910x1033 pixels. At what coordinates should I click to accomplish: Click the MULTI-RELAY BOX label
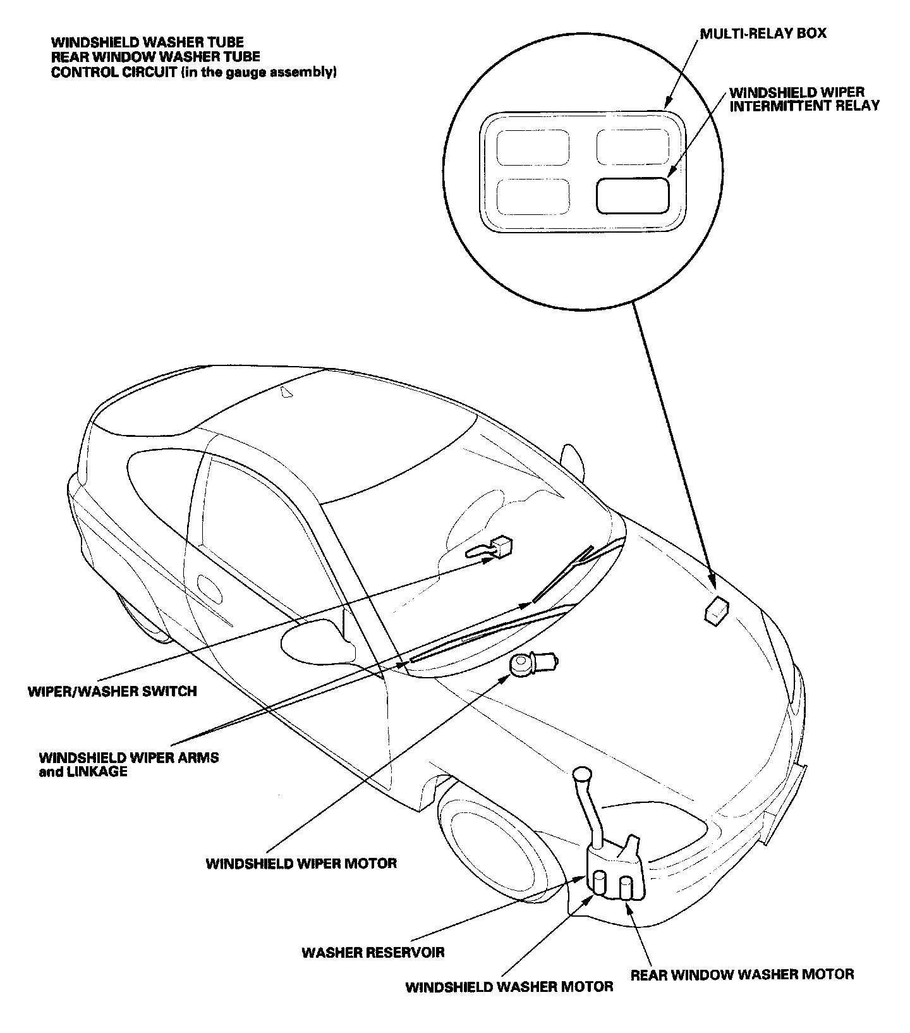pyautogui.click(x=763, y=33)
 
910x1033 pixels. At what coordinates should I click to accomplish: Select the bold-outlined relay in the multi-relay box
pyautogui.click(x=632, y=195)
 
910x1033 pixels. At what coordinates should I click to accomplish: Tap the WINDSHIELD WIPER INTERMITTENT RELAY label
pyautogui.click(x=804, y=99)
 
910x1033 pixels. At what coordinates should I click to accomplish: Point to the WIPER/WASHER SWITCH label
pyautogui.click(x=112, y=691)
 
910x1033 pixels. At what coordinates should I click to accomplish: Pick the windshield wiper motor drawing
pyautogui.click(x=528, y=664)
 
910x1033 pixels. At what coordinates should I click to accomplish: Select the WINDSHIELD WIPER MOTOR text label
pyautogui.click(x=301, y=863)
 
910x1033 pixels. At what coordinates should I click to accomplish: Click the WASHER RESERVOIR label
pyautogui.click(x=373, y=952)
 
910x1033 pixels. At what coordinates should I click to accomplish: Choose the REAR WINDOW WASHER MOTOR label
pyautogui.click(x=743, y=974)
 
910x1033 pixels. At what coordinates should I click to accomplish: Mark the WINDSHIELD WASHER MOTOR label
pyautogui.click(x=509, y=987)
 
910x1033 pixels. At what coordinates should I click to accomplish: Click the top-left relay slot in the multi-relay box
pyautogui.click(x=532, y=147)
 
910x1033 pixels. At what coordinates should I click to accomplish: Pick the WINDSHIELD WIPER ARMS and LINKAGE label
pyautogui.click(x=129, y=764)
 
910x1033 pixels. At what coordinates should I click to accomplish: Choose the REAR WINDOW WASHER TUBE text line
pyautogui.click(x=155, y=57)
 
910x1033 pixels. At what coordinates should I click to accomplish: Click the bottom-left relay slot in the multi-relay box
pyautogui.click(x=532, y=196)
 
